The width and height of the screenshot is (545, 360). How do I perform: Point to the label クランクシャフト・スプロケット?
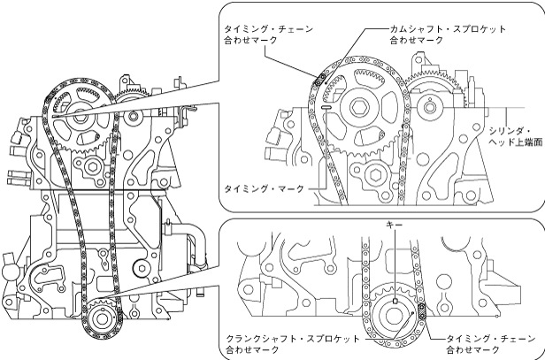[293, 340]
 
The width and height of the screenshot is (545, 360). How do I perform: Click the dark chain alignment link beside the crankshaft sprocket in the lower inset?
[421, 309]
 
